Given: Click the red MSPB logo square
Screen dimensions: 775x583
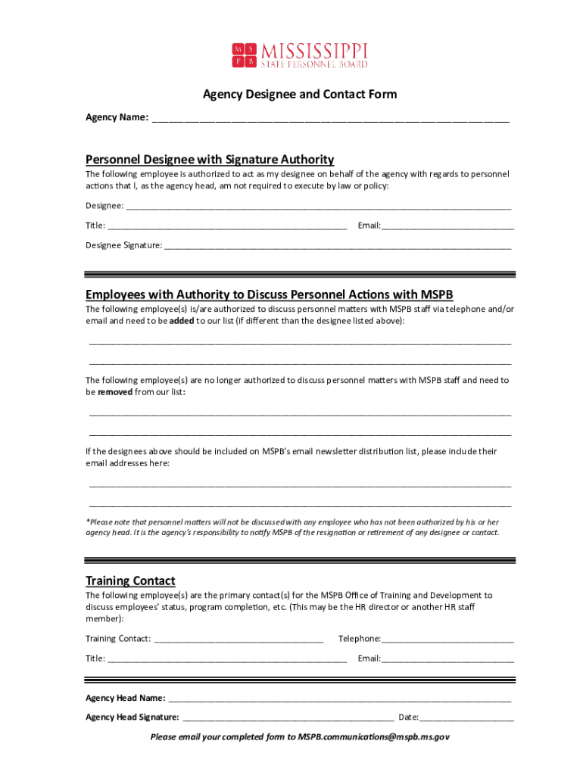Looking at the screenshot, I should click(x=244, y=55).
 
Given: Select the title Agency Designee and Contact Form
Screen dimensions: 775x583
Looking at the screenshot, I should click(x=299, y=95).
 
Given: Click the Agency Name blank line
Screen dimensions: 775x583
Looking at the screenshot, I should click(x=330, y=119).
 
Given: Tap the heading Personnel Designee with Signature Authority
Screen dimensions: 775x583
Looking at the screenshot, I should click(x=210, y=160).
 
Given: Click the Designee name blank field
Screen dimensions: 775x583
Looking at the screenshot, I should click(x=318, y=207).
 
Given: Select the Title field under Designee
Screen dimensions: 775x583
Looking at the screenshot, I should click(x=227, y=226).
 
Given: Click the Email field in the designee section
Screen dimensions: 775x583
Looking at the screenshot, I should click(x=447, y=226).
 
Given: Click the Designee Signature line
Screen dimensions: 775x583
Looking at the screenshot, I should click(x=337, y=247).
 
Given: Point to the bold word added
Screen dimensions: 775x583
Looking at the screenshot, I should click(x=181, y=321).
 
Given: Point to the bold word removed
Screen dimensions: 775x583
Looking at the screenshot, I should click(x=115, y=392).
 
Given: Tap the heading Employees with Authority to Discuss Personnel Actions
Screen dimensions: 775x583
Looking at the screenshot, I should click(x=269, y=294).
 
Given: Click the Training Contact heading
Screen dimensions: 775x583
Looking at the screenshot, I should click(x=130, y=580).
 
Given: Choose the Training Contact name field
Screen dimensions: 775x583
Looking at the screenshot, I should click(x=238, y=640).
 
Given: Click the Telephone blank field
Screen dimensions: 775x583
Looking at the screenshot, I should click(x=447, y=640).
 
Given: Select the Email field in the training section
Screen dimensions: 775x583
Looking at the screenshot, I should click(x=447, y=659).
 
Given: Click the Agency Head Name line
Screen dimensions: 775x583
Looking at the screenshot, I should click(x=339, y=699).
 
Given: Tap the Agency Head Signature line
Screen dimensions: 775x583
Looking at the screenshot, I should click(x=288, y=718).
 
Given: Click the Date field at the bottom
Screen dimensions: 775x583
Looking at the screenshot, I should click(x=466, y=718).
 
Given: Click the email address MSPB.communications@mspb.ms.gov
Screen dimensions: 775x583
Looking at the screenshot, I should click(x=373, y=736).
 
